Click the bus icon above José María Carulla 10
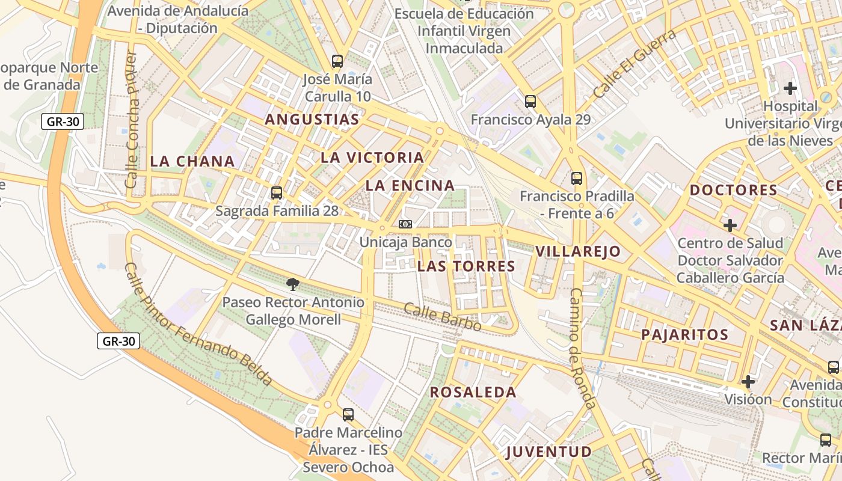tap(337, 61)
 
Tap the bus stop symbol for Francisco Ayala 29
tap(530, 101)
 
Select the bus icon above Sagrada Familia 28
tap(277, 193)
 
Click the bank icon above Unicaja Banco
tap(405, 224)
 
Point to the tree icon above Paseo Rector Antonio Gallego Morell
tap(293, 284)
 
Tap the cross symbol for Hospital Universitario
tap(790, 88)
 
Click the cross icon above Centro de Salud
tap(730, 225)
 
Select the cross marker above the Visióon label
tap(748, 382)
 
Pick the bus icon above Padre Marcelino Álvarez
tap(348, 414)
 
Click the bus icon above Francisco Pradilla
tap(577, 178)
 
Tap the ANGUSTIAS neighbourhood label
tap(312, 120)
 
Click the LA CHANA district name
tap(192, 161)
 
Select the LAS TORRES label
tap(466, 266)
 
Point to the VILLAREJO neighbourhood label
tap(577, 251)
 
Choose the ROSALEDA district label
tap(473, 393)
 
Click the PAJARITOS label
tap(684, 335)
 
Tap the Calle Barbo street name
tap(442, 317)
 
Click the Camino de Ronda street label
tap(582, 349)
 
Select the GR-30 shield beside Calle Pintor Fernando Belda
tap(118, 342)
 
